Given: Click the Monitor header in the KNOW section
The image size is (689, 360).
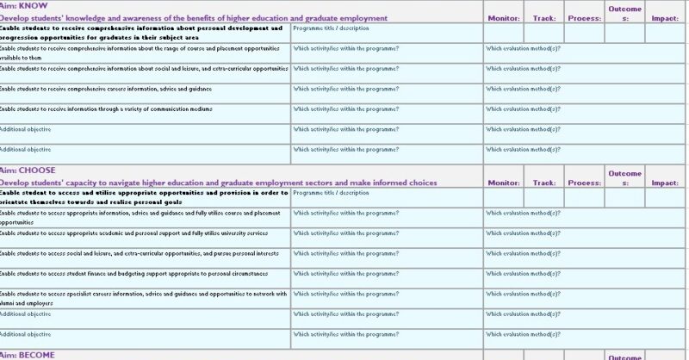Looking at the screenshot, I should tap(503, 17).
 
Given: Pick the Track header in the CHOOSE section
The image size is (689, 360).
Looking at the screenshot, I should tap(543, 183).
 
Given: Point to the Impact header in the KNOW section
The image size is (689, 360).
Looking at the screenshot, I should tap(664, 17).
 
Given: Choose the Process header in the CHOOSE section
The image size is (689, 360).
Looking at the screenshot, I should tap(585, 183).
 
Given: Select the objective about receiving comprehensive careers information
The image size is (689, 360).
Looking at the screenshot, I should tap(106, 89).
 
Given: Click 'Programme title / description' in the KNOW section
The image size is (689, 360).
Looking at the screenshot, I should tap(332, 28).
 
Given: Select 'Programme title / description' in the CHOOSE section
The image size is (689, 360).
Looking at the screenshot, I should tap(332, 193).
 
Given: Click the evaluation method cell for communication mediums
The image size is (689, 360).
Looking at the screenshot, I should tap(523, 109).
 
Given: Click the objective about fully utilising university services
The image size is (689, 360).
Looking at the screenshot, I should tap(133, 233).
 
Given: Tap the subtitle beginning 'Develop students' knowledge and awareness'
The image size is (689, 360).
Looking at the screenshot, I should tap(182, 17).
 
